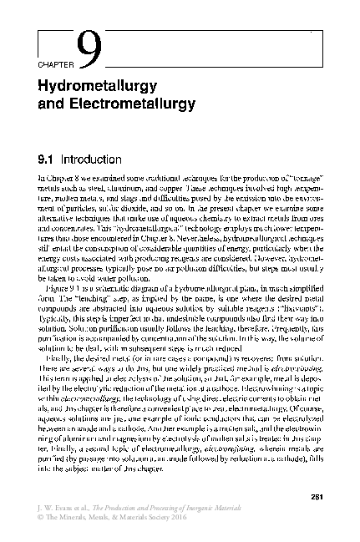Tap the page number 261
coord(315,488)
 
